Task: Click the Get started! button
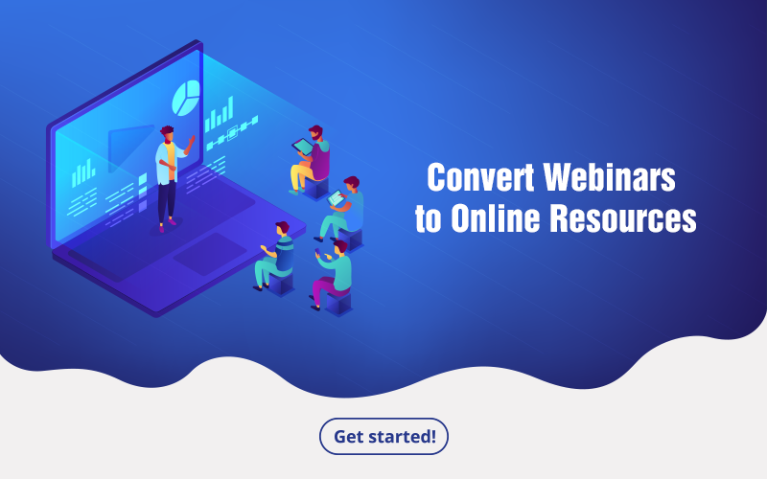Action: pos(383,436)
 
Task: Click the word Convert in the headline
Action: pos(480,177)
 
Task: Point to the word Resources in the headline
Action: pos(622,218)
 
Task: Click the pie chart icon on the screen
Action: pos(186,98)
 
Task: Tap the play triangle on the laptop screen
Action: pos(128,148)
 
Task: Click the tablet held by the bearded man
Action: pos(302,147)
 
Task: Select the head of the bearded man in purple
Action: pos(315,132)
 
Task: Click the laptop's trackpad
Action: pos(210,254)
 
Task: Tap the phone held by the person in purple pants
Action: pos(318,251)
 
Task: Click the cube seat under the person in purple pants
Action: pos(338,303)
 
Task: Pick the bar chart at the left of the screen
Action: pos(83,173)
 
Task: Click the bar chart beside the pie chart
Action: pos(219,114)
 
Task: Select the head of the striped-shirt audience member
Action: pos(282,228)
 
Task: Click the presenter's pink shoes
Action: pos(167,225)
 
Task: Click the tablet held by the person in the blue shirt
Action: pos(337,198)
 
